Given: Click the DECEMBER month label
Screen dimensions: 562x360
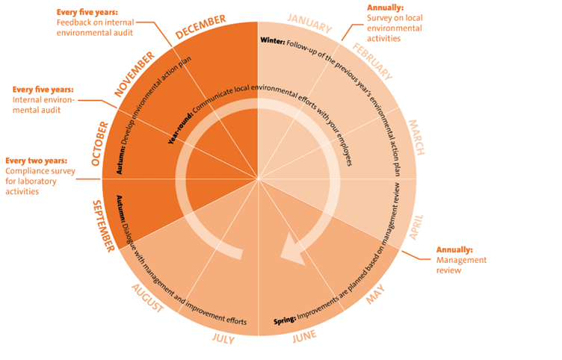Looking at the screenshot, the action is click(200, 26).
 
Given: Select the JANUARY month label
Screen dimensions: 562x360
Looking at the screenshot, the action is click(310, 23).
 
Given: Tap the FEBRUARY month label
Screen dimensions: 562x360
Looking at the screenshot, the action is click(373, 61).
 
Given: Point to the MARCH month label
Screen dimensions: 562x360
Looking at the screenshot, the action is click(416, 137).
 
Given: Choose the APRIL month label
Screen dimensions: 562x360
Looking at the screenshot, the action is click(416, 227).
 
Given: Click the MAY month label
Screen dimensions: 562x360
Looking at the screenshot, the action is click(375, 294).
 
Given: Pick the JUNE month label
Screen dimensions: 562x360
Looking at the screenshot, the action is click(304, 337).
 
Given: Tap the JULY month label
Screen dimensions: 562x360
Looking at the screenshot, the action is click(223, 338).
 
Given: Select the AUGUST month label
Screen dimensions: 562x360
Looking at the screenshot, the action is click(148, 298).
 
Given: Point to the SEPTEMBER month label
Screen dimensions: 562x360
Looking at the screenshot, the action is click(104, 226).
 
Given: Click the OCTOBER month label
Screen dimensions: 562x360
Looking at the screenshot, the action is click(99, 143).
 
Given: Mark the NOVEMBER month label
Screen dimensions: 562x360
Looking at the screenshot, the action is click(135, 74).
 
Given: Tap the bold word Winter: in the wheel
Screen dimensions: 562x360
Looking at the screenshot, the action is click(273, 41).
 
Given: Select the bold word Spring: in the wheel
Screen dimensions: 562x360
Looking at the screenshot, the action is click(285, 320).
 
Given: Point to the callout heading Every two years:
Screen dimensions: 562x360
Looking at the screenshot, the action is click(36, 161).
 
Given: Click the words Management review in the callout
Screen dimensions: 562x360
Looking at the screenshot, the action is click(461, 265).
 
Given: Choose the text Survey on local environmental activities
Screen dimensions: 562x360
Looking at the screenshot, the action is click(395, 28).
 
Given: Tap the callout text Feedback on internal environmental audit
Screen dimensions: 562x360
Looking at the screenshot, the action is click(95, 28).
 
